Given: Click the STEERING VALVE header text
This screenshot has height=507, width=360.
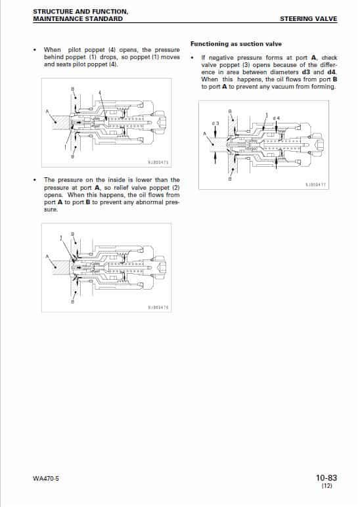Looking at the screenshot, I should click(308, 19).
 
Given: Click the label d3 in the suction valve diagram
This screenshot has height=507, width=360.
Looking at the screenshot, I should click(215, 123).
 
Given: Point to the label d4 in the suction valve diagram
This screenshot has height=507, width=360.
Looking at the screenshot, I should click(276, 118).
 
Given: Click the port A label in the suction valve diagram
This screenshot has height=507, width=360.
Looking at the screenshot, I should click(204, 134).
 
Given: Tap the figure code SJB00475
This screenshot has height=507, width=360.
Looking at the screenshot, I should click(158, 162).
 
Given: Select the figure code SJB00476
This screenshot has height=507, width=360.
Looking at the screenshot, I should click(158, 307).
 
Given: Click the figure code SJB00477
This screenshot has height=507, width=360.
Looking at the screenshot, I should click(315, 185).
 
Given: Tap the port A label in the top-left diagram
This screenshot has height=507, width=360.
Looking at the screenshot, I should click(47, 110).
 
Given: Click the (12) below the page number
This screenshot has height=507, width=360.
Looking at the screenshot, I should click(327, 487).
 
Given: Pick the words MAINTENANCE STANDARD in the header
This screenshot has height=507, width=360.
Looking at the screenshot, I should click(78, 19).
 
